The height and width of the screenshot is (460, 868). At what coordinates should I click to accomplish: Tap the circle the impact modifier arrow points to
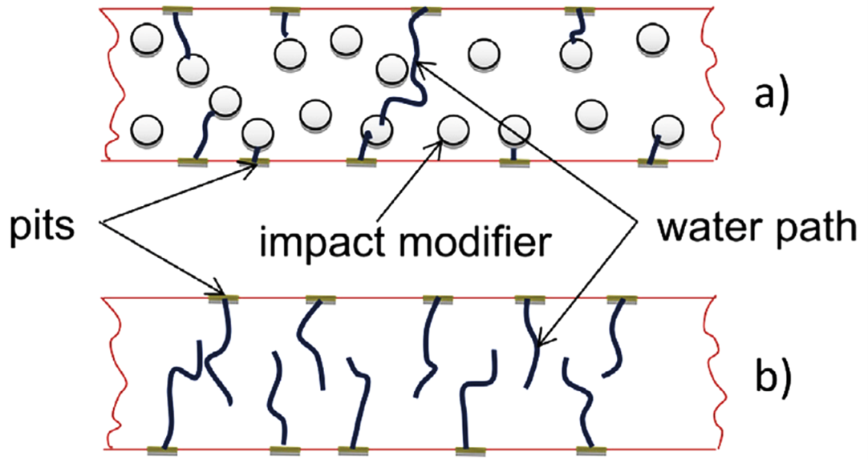452,131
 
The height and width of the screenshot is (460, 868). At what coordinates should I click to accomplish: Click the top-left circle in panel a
147,39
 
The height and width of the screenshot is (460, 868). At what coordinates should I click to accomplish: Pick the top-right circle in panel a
651,39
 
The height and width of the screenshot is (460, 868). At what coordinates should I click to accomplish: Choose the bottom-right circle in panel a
668,131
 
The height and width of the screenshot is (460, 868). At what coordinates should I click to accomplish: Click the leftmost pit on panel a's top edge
178,10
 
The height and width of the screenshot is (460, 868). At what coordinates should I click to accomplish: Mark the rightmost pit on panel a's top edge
579,10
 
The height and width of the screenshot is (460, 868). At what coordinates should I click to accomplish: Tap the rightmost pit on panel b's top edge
622,300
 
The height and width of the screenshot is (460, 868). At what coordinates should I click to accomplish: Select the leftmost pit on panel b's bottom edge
163,450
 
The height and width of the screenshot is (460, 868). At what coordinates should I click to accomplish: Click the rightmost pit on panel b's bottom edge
592,450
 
